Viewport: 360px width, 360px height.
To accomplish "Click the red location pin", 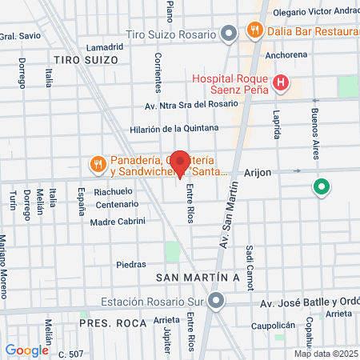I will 181,162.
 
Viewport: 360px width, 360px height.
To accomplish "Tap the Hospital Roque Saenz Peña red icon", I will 280,82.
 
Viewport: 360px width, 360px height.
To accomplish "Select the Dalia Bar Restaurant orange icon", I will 256,31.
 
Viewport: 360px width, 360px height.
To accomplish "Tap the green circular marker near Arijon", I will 322,188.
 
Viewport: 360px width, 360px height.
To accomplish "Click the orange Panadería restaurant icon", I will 98,164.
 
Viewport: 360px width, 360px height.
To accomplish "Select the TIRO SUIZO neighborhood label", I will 86,60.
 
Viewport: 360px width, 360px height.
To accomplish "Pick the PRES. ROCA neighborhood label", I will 113,322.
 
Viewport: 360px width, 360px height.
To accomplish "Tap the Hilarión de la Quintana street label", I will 174,128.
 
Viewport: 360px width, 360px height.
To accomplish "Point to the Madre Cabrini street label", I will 118,221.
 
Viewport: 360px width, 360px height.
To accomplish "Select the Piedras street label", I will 131,264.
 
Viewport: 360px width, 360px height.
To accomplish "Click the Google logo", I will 26,350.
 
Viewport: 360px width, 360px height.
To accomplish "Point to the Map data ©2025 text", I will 326,354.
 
